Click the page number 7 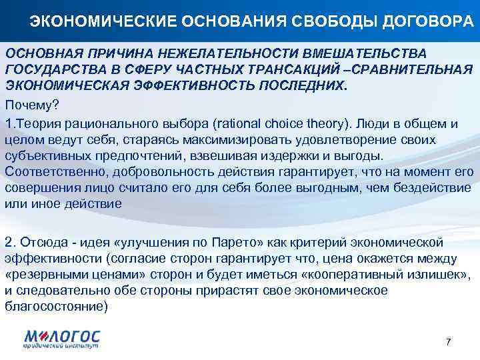(x=448, y=341)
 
